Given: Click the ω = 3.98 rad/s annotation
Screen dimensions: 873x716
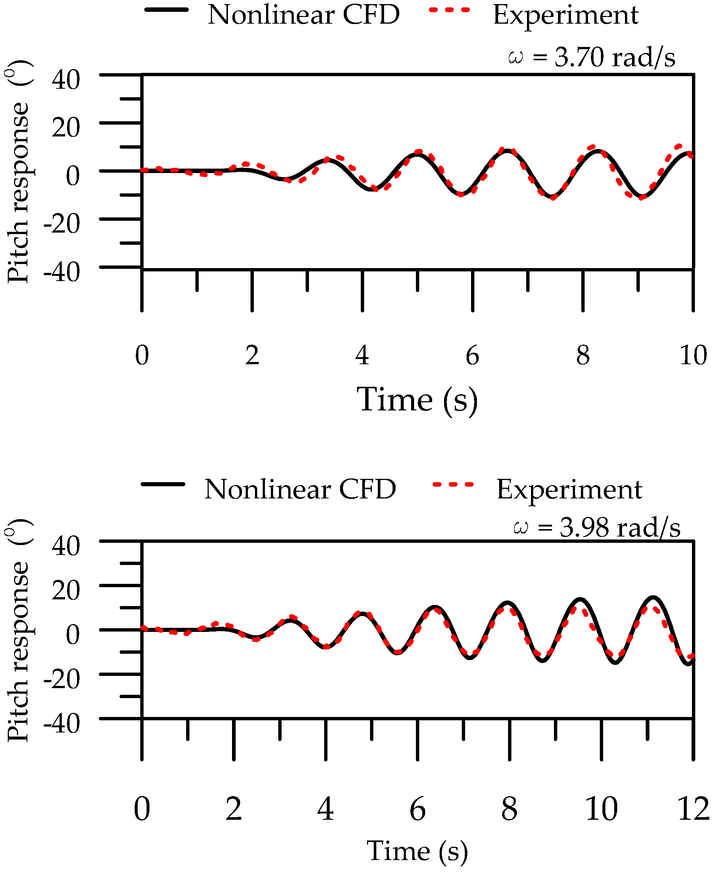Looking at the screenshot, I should tap(596, 527).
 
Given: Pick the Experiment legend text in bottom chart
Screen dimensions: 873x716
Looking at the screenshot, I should tap(569, 490).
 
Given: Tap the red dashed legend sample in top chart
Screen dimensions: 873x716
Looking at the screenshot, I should tap(450, 10).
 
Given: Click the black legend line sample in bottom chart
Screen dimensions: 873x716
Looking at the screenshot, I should tap(163, 484).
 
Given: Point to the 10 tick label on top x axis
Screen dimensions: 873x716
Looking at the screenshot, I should tap(693, 355).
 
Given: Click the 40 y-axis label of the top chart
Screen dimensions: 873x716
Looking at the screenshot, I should tap(66, 79).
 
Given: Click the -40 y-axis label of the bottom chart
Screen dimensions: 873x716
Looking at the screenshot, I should tap(62, 724).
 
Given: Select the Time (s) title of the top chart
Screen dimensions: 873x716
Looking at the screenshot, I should tap(417, 399).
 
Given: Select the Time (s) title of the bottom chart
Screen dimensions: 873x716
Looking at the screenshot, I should tap(417, 851).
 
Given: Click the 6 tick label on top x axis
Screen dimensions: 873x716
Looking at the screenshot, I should tap(472, 355).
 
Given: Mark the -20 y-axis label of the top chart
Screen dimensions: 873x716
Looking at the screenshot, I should tap(62, 224).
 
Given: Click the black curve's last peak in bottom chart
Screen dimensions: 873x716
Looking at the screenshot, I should tap(653, 597).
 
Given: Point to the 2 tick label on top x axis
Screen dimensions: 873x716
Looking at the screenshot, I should tap(252, 355).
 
